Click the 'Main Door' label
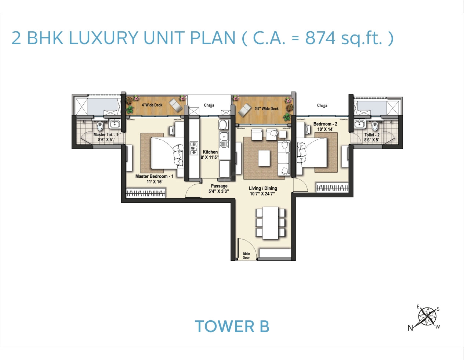[246, 256]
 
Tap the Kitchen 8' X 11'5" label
[210, 155]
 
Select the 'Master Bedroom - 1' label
[154, 176]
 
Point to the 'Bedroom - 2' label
[325, 124]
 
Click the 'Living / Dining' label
[263, 188]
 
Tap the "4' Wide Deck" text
[152, 105]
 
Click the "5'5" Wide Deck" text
[267, 109]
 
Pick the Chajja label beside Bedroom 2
[322, 105]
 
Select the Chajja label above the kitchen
[209, 105]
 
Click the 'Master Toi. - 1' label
[105, 135]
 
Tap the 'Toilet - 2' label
[372, 135]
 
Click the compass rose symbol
[427, 316]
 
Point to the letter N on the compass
[410, 328]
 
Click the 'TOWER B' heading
[232, 327]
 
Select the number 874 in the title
[320, 38]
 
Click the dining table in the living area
[271, 223]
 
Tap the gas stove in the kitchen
[194, 148]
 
